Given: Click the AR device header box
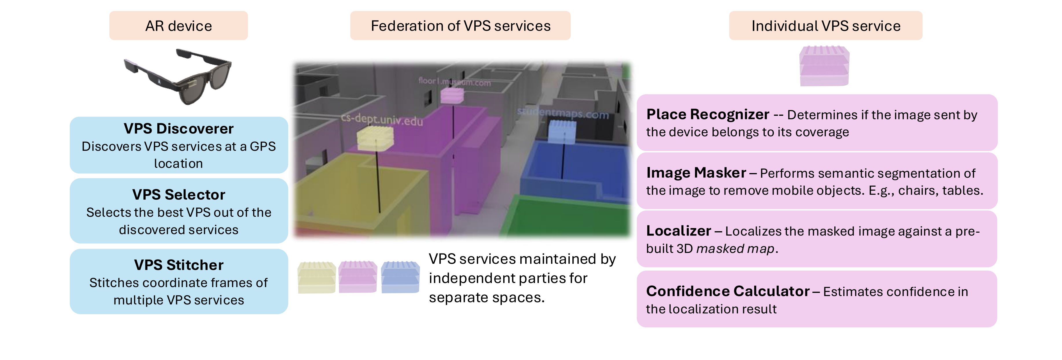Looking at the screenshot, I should [x=178, y=25].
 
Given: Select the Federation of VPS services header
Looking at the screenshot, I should [x=460, y=25].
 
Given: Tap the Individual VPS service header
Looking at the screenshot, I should [x=825, y=25].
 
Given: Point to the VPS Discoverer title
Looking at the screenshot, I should [x=178, y=129].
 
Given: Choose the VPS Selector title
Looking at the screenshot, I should [x=178, y=195].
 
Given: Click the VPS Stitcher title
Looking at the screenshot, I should [x=178, y=265].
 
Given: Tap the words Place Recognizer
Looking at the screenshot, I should [x=707, y=114].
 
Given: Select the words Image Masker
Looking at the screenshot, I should [x=696, y=173].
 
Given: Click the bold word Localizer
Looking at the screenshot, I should [x=679, y=231].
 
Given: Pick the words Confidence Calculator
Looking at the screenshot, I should [x=728, y=291].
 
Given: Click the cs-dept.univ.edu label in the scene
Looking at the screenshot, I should [x=382, y=120].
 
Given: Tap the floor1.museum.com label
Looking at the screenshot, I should [x=454, y=82].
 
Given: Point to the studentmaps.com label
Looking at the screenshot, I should [x=563, y=113].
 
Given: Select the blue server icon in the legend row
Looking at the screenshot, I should [x=400, y=277].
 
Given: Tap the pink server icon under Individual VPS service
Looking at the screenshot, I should [x=824, y=66].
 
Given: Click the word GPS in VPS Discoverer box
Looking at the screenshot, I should [x=263, y=146].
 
